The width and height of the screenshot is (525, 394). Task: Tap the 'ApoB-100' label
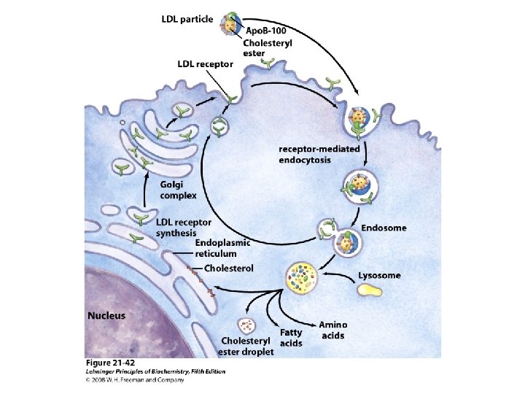pyautogui.click(x=265, y=31)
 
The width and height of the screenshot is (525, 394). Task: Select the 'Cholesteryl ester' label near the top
pyautogui.click(x=268, y=47)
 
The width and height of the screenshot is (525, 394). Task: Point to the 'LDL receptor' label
pyautogui.click(x=206, y=63)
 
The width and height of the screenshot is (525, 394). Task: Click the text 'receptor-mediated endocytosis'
pyautogui.click(x=319, y=153)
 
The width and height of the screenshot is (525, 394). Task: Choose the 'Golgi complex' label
pyautogui.click(x=178, y=190)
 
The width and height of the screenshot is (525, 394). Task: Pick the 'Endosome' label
pyautogui.click(x=384, y=228)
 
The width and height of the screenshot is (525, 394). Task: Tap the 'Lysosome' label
pyautogui.click(x=379, y=275)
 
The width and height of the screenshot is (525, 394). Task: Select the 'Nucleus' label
pyautogui.click(x=106, y=316)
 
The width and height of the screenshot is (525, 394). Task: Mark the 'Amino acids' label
pyautogui.click(x=332, y=330)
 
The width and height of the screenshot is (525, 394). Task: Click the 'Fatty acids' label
pyautogui.click(x=291, y=338)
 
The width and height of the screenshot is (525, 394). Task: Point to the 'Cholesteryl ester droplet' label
pyautogui.click(x=247, y=347)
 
